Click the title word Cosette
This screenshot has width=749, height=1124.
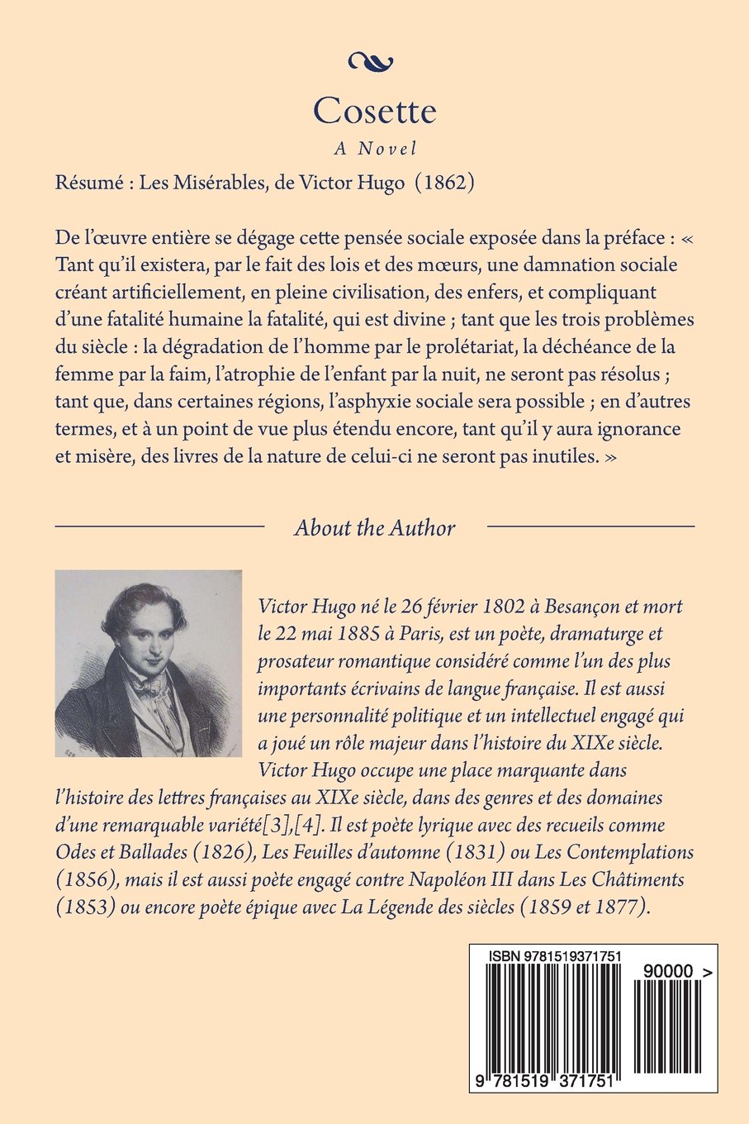click(374, 112)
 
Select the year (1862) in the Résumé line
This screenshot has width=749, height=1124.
click(448, 183)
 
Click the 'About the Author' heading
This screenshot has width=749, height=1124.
click(374, 527)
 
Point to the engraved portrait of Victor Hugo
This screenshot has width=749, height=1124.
click(149, 663)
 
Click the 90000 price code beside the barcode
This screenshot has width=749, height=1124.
click(665, 973)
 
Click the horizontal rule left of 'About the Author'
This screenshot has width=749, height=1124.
click(159, 526)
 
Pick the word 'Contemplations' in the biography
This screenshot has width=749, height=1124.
click(630, 852)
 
